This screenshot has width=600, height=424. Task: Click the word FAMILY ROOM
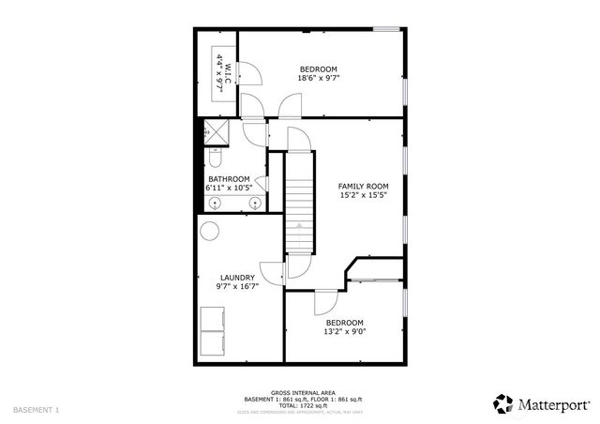(x=363, y=187)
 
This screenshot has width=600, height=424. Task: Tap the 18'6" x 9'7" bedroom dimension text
(x=318, y=79)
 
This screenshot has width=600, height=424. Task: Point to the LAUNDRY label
(x=237, y=278)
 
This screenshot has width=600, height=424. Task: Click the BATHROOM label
(x=229, y=179)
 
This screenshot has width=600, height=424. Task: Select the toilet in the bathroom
(x=215, y=149)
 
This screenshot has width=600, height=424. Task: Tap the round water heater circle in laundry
(x=210, y=230)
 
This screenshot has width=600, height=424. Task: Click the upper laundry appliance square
(x=213, y=319)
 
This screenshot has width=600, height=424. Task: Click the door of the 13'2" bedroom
(x=324, y=302)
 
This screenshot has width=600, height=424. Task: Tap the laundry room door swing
(x=272, y=273)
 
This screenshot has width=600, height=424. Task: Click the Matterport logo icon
(x=503, y=403)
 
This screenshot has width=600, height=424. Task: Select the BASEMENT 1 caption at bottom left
(x=36, y=410)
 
